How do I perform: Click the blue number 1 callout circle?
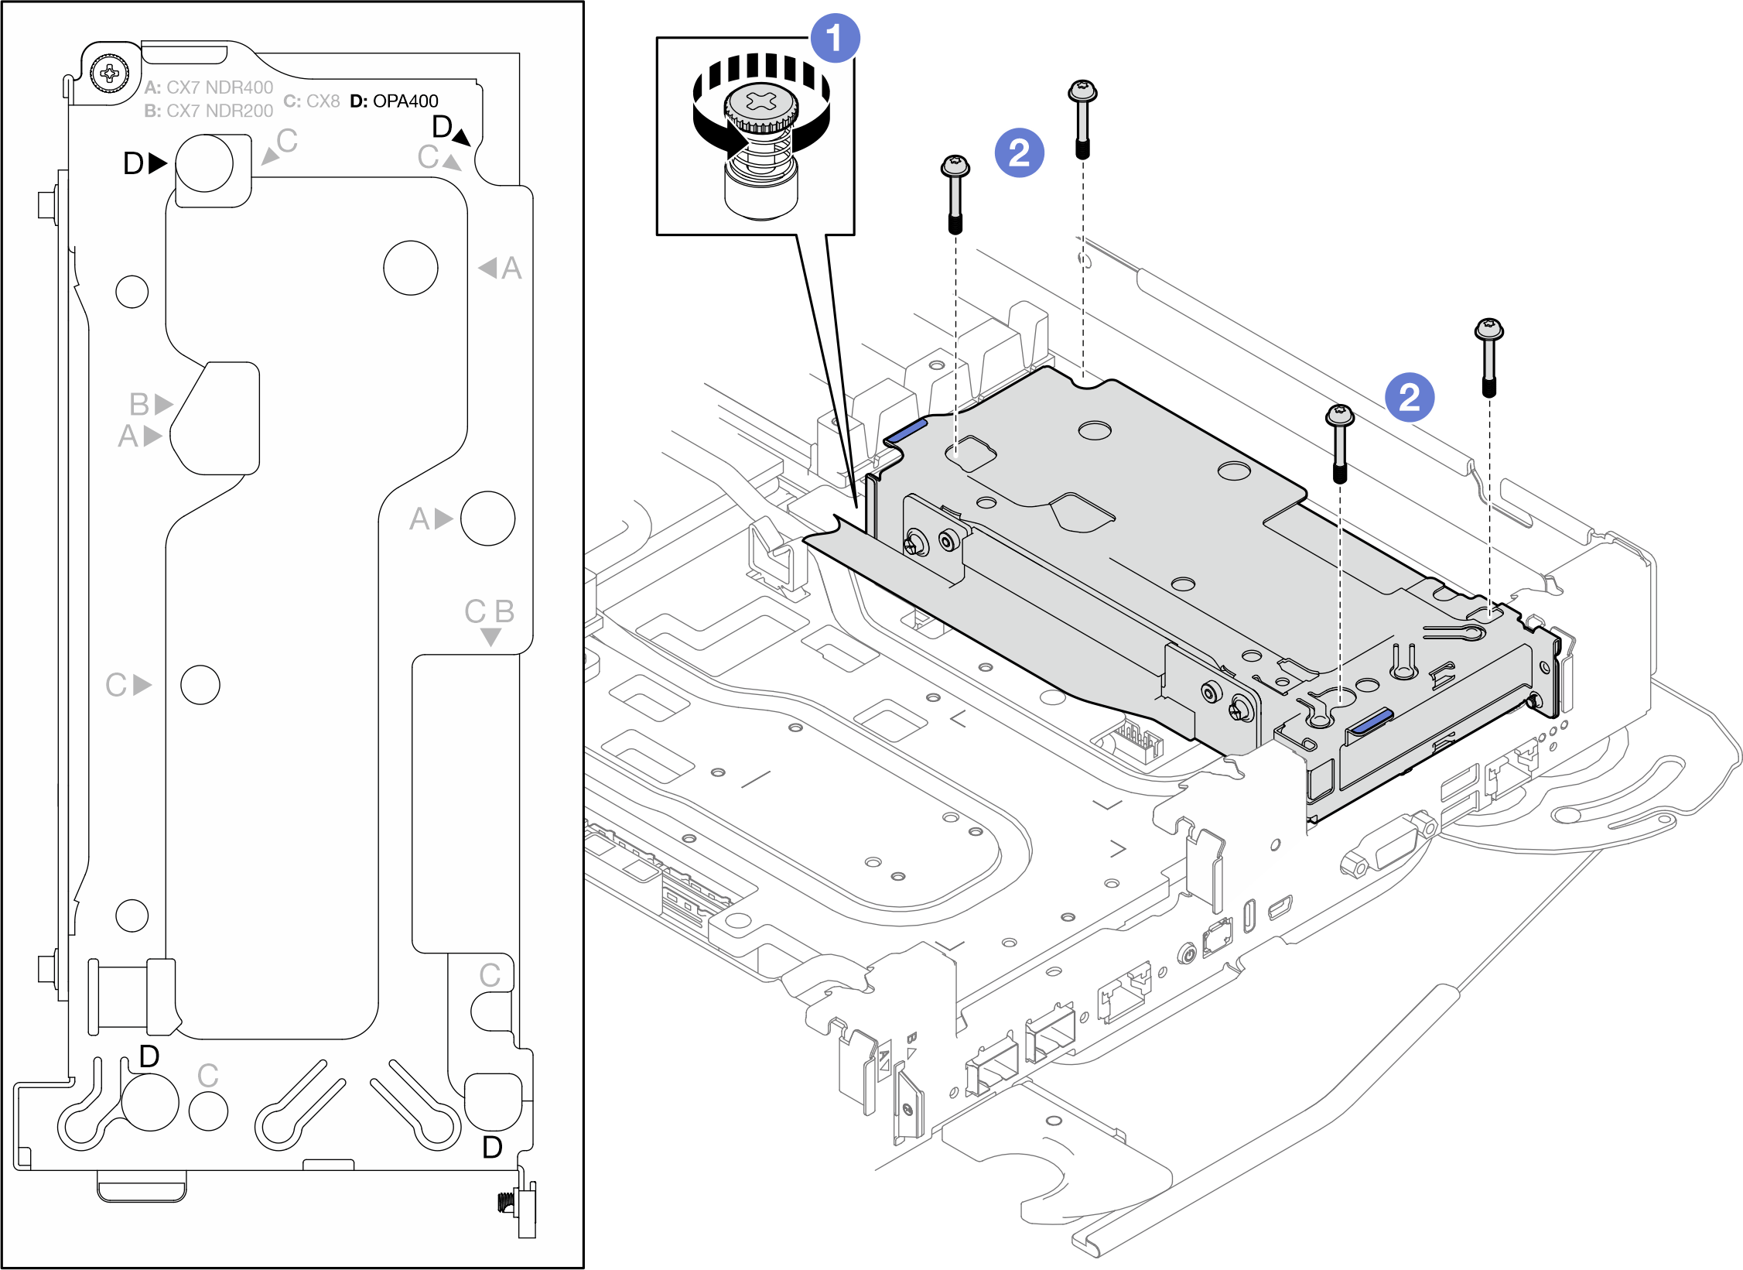pyautogui.click(x=834, y=38)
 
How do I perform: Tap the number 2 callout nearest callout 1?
pyautogui.click(x=1019, y=152)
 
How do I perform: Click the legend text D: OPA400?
pyautogui.click(x=394, y=101)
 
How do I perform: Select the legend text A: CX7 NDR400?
pyautogui.click(x=209, y=87)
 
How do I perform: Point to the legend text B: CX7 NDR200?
pyautogui.click(x=209, y=111)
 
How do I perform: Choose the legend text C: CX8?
pyautogui.click(x=312, y=101)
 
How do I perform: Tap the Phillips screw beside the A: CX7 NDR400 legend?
pyautogui.click(x=109, y=74)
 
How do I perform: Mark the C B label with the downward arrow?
pyautogui.click(x=490, y=619)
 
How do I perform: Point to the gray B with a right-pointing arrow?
pyautogui.click(x=150, y=404)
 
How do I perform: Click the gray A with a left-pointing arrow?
pyautogui.click(x=501, y=269)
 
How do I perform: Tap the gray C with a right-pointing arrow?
pyautogui.click(x=128, y=685)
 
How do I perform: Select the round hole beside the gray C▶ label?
pyautogui.click(x=200, y=685)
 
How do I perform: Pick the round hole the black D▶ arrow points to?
pyautogui.click(x=204, y=163)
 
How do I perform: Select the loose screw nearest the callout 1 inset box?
pyautogui.click(x=955, y=193)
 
